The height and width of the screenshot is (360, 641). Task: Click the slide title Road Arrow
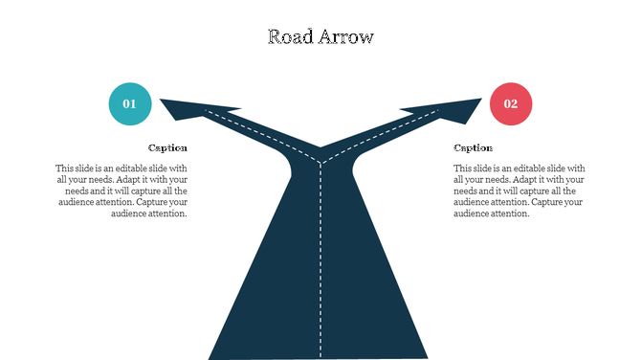[320, 37]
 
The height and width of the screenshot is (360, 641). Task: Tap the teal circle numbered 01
[129, 104]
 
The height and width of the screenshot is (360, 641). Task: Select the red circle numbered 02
[511, 104]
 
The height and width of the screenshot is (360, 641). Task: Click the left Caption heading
[167, 148]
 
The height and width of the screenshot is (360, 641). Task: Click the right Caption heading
[473, 148]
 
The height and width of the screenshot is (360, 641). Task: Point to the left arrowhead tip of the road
[162, 100]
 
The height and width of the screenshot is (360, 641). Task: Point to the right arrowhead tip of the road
[480, 100]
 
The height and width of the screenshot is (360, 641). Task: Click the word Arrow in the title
[345, 37]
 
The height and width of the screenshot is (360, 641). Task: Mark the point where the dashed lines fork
[320, 163]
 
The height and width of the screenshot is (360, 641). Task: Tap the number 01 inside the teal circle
[129, 104]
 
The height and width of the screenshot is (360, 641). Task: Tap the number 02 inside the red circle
[511, 104]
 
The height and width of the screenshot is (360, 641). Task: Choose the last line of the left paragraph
[148, 214]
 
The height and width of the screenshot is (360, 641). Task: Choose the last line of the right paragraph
[491, 214]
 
